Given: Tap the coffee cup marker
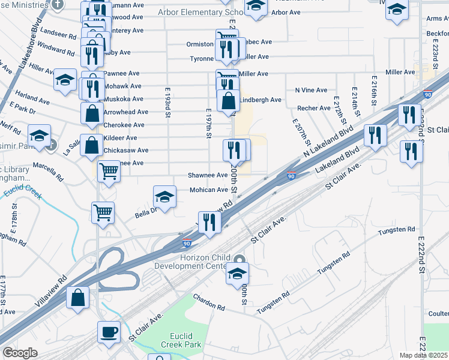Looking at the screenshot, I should click(x=109, y=333).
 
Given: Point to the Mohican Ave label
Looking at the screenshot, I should click(x=209, y=190).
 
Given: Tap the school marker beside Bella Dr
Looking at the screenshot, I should click(x=164, y=197).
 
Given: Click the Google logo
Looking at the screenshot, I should click(x=20, y=353).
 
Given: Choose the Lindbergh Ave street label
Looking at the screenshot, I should click(x=261, y=100).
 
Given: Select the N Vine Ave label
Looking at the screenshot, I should click(x=311, y=90).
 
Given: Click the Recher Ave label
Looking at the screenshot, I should click(x=314, y=108).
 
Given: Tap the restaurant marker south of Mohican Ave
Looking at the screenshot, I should click(x=210, y=223).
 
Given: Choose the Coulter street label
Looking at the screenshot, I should click(x=439, y=314).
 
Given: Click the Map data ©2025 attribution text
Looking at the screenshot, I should click(x=423, y=355).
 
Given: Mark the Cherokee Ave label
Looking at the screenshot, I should click(x=124, y=125).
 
